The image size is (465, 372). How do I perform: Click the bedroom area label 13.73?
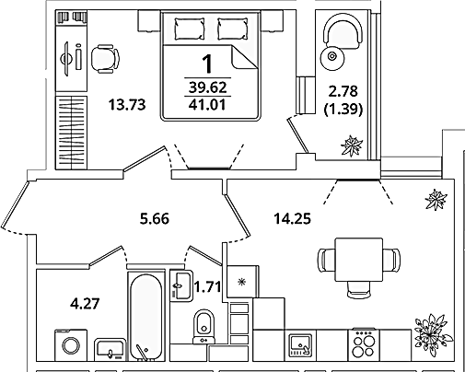coord(127,105)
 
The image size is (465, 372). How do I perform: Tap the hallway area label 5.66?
coord(155,219)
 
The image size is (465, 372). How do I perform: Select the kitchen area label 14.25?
coord(292,219)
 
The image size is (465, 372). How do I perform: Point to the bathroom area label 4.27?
coord(85,304)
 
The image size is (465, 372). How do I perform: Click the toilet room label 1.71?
coord(207,287)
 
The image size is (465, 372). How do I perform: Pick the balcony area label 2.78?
coord(343,91)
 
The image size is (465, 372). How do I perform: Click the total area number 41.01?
coord(207,105)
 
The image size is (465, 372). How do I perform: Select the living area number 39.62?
coord(207,87)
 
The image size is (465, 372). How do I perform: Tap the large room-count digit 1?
coord(208,64)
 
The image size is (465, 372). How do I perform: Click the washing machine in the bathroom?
coord(71,345)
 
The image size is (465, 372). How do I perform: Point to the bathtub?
coord(146,317)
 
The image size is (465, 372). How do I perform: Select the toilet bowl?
coord(204,327)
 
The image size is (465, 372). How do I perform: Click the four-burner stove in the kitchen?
coord(364,344)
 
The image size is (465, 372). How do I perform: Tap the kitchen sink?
coord(300,345)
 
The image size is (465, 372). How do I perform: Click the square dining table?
coord(359,260)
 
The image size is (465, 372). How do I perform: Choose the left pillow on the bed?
coord(190,29)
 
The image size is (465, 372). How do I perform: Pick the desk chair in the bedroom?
coord(105,59)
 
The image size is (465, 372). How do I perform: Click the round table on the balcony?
coord(332,57)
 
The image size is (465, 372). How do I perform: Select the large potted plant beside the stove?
coord(433,333)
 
